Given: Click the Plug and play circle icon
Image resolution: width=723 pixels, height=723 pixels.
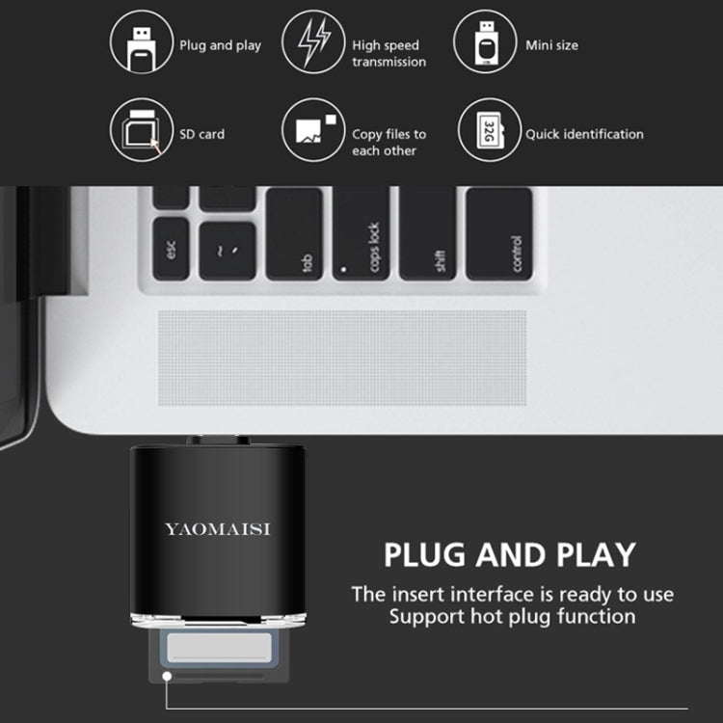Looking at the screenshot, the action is click(142, 42).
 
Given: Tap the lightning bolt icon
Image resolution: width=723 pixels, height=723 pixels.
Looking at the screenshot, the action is click(313, 42).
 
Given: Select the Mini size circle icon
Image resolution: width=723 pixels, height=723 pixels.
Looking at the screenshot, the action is click(485, 42).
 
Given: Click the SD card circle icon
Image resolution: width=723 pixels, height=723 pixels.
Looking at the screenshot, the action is click(142, 130).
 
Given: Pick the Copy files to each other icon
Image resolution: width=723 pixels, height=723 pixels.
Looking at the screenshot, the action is click(313, 130).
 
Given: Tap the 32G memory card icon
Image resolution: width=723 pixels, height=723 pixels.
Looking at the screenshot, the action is click(490, 130).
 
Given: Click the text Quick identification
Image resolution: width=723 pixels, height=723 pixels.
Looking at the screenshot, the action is click(584, 134).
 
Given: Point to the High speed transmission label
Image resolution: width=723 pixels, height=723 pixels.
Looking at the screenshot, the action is click(388, 53).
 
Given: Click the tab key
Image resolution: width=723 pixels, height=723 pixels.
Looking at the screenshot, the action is click(294, 234).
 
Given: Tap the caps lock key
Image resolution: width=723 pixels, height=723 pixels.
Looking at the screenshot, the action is click(361, 234).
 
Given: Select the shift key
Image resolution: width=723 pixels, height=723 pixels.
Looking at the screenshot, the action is click(427, 234).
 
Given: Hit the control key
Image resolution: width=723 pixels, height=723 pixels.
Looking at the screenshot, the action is click(499, 234).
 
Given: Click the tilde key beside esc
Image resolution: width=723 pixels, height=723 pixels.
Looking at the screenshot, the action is click(228, 251).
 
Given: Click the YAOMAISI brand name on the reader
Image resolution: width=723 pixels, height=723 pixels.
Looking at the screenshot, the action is click(217, 529).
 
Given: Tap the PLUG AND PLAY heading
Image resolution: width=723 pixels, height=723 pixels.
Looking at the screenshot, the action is click(510, 554).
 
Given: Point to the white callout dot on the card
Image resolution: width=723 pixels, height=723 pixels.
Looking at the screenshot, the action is click(167, 676).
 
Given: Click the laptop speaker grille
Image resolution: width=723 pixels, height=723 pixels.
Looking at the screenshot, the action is click(342, 358).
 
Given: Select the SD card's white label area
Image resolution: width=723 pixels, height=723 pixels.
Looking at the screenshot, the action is click(219, 648).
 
